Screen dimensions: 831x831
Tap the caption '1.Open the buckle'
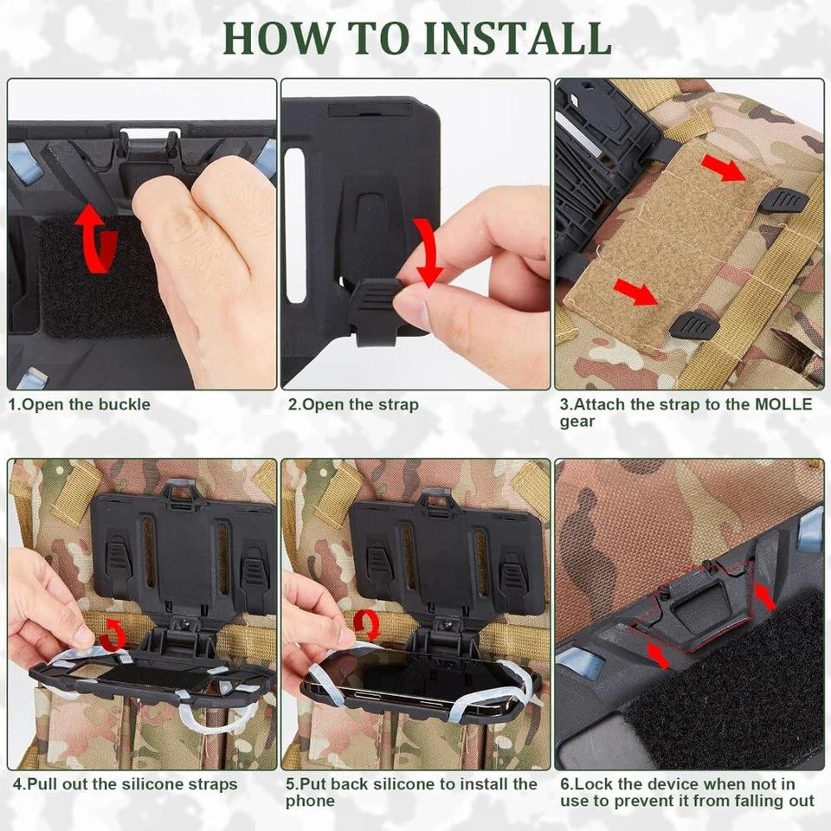coord(80,404)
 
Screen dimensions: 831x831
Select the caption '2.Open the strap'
coord(353,404)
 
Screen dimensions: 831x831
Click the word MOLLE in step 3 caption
coord(783,404)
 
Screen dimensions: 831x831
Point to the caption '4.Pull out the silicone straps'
coord(125,784)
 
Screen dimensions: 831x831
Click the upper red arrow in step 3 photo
coord(722,169)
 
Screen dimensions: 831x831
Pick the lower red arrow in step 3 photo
coord(636,293)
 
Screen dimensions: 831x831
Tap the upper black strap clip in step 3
coord(786,202)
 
